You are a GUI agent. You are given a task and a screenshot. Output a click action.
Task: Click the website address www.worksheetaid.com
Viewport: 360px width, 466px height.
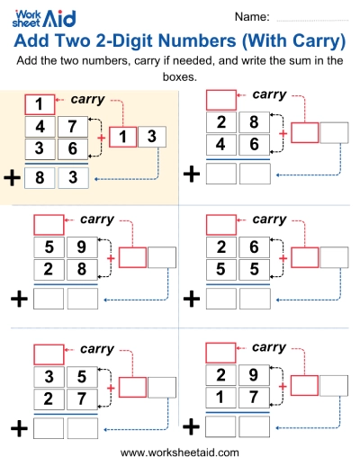180,453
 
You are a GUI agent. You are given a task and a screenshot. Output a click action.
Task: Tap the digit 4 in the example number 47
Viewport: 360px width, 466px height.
39,126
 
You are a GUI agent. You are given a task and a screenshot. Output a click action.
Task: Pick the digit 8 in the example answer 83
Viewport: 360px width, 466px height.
39,178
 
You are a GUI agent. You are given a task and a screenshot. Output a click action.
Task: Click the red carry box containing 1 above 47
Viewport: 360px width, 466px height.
39,103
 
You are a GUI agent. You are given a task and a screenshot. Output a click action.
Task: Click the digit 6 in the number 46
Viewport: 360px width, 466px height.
255,144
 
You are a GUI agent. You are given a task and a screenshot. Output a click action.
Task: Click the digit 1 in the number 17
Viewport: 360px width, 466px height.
220,397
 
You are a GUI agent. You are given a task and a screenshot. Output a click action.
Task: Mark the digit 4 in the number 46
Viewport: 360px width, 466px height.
220,144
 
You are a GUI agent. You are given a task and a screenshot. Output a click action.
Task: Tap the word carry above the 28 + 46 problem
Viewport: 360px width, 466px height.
269,94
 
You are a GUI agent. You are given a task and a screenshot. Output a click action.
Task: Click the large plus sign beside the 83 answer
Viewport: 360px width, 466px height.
12,178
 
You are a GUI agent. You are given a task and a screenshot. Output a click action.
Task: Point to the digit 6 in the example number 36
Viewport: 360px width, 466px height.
73,148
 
